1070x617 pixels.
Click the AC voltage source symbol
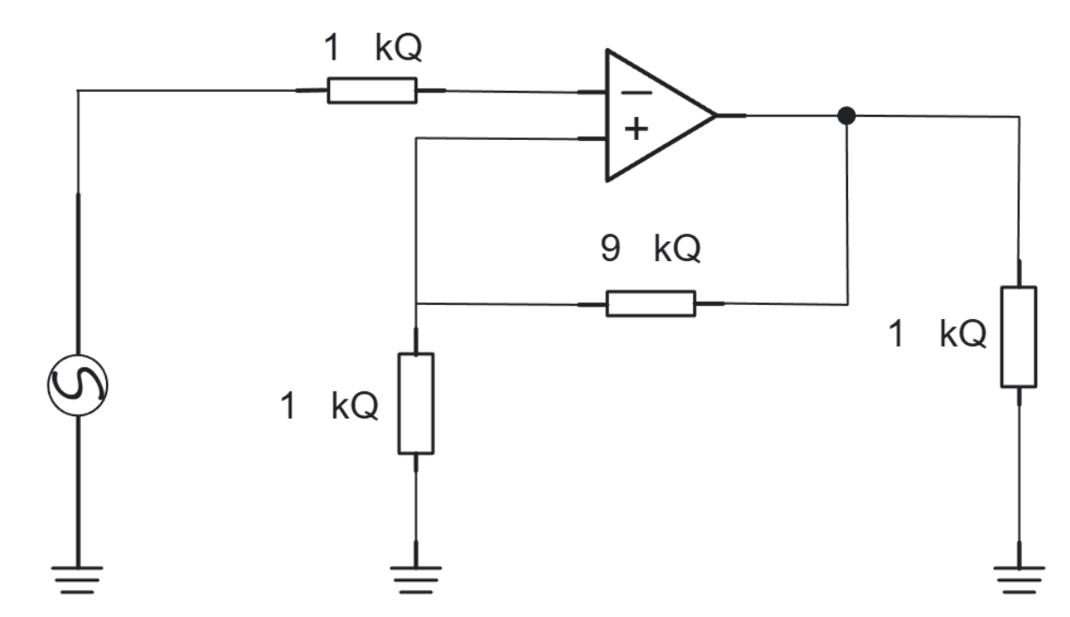[78, 384]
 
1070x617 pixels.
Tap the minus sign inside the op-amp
[635, 93]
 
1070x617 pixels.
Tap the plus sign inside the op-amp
[635, 131]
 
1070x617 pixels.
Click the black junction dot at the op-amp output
[847, 116]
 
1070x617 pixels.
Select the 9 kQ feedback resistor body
[650, 303]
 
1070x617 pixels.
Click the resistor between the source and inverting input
[371, 90]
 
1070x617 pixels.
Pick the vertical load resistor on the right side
[1018, 336]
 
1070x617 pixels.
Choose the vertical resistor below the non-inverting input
[416, 403]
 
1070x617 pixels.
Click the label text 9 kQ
[650, 250]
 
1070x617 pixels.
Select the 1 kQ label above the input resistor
[373, 48]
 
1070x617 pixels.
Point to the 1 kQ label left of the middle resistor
[329, 406]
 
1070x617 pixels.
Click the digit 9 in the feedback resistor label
[610, 250]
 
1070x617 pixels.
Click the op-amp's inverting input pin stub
[592, 92]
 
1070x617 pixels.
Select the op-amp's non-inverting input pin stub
[592, 138]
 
